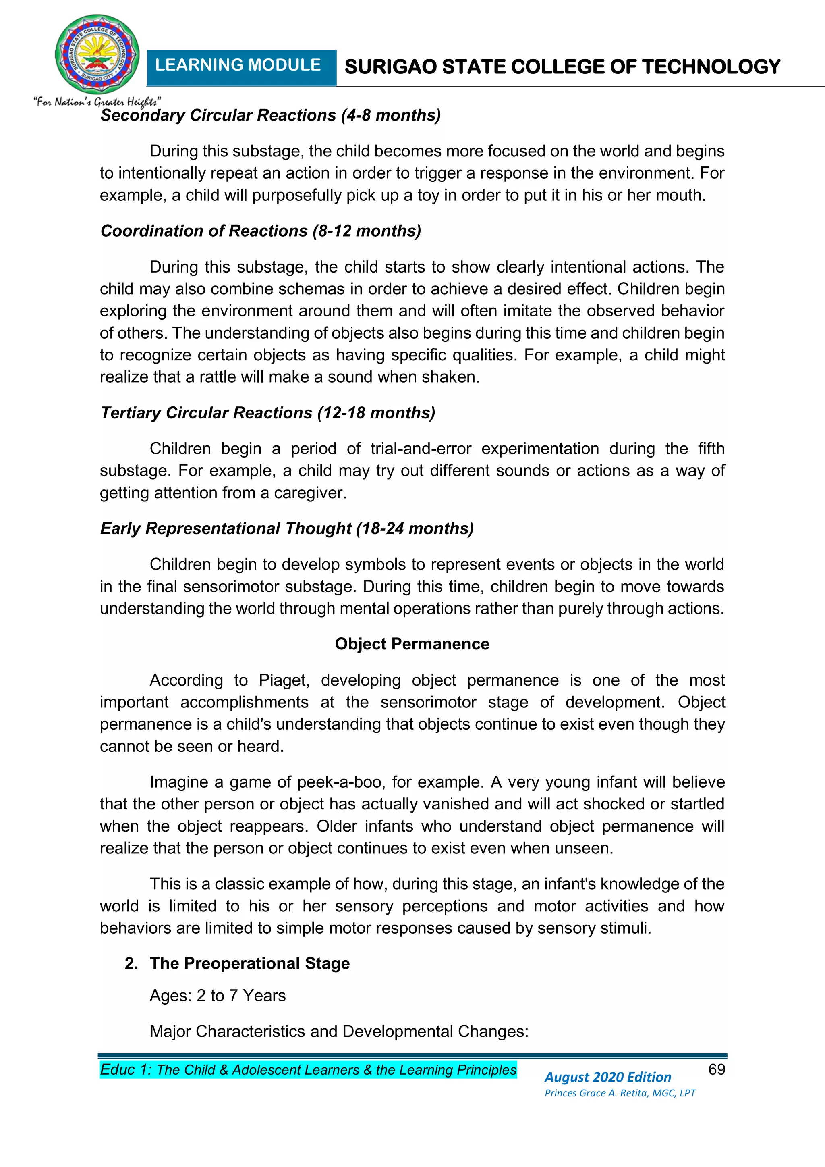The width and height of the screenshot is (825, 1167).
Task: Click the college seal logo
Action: (97, 54)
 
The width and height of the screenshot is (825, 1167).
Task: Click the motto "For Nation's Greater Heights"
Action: (97, 102)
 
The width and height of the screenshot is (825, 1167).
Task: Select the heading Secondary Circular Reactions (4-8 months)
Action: (270, 115)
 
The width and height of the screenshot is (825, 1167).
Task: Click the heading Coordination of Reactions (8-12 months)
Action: (261, 231)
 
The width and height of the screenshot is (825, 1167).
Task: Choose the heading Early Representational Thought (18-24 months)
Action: (286, 528)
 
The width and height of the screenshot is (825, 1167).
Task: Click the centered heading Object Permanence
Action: (412, 644)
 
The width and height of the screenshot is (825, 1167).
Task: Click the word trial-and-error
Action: (421, 449)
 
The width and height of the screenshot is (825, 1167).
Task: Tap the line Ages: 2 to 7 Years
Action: (218, 995)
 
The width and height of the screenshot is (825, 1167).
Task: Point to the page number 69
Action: (716, 1069)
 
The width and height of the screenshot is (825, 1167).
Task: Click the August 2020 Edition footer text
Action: (607, 1077)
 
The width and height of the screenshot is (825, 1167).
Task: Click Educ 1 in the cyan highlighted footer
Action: (125, 1070)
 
